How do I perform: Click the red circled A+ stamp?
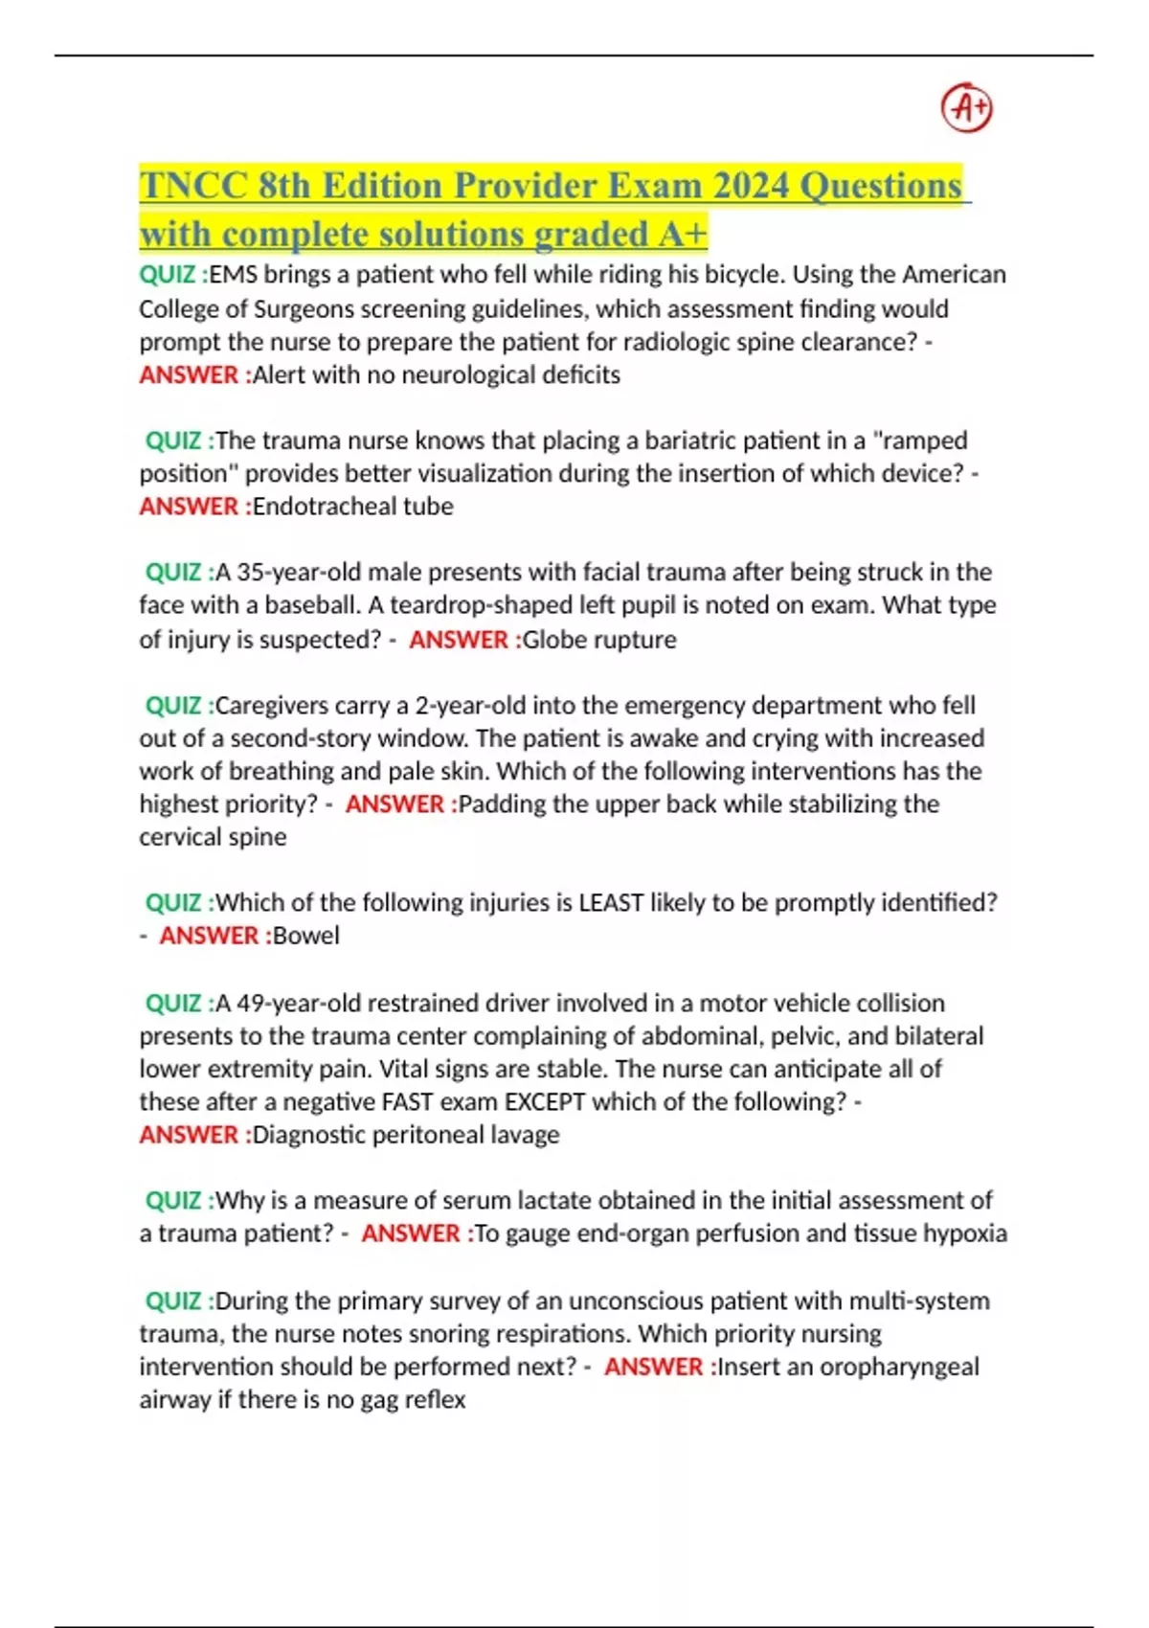[967, 107]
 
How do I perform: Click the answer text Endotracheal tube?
[352, 507]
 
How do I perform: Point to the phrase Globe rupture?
[598, 640]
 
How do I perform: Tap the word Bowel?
[305, 936]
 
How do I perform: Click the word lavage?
[525, 1135]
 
